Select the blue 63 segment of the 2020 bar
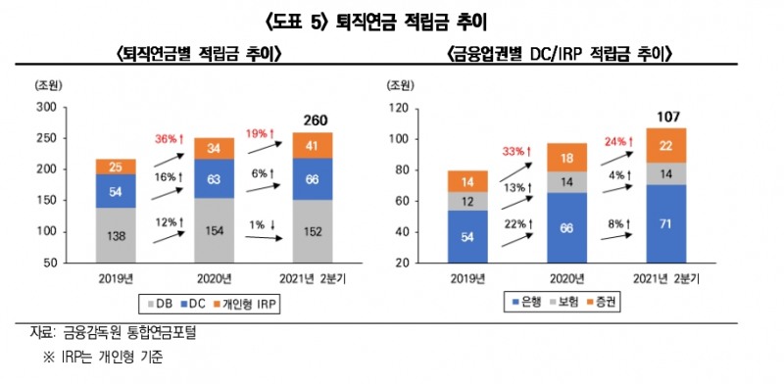pos(214,178)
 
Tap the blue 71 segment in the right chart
pos(666,223)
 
